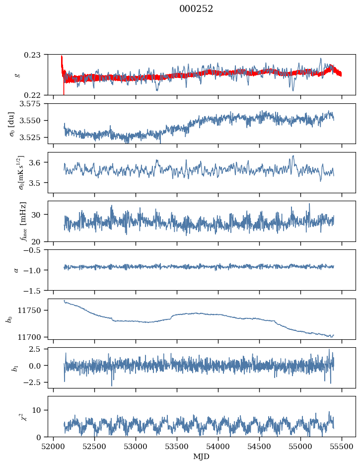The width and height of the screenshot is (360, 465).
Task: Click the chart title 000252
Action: pyautogui.click(x=196, y=9)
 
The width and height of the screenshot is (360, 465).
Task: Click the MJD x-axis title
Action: pyautogui.click(x=201, y=457)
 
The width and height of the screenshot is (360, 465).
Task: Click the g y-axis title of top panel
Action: pyautogui.click(x=18, y=75)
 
